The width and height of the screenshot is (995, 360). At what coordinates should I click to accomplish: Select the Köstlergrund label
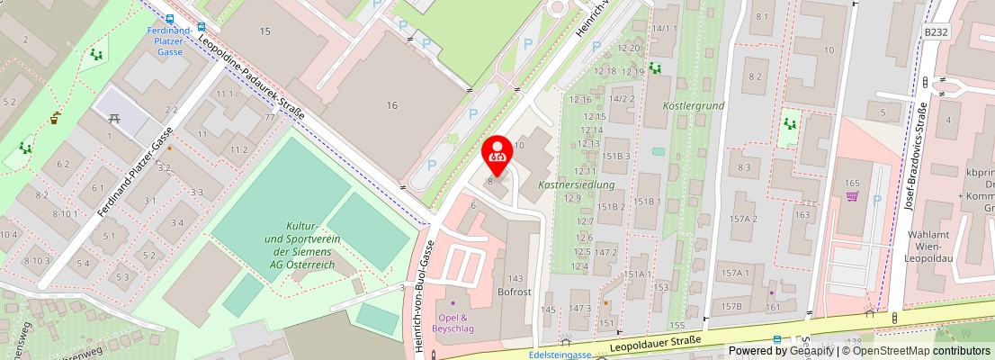(693, 105)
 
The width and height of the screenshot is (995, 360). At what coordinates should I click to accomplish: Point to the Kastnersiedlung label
(576, 184)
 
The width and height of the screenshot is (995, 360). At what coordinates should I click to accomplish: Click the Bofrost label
(516, 292)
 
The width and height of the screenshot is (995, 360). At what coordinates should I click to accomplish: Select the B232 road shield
(936, 31)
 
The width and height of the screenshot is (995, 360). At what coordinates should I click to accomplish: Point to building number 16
(391, 105)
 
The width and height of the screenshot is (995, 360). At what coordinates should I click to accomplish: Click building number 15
(264, 31)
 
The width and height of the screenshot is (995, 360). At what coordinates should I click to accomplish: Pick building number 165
(852, 184)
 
